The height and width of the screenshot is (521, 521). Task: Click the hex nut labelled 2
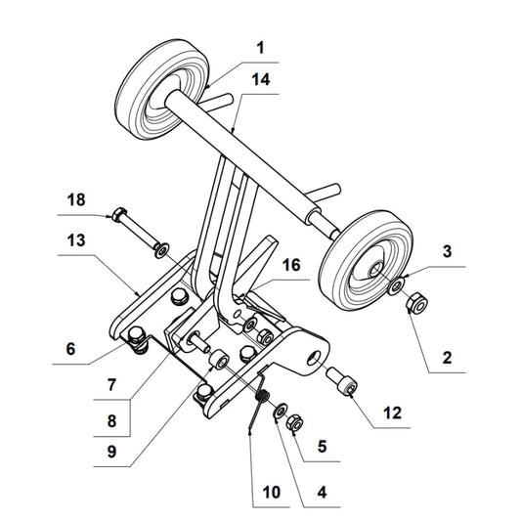pyautogui.click(x=414, y=305)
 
